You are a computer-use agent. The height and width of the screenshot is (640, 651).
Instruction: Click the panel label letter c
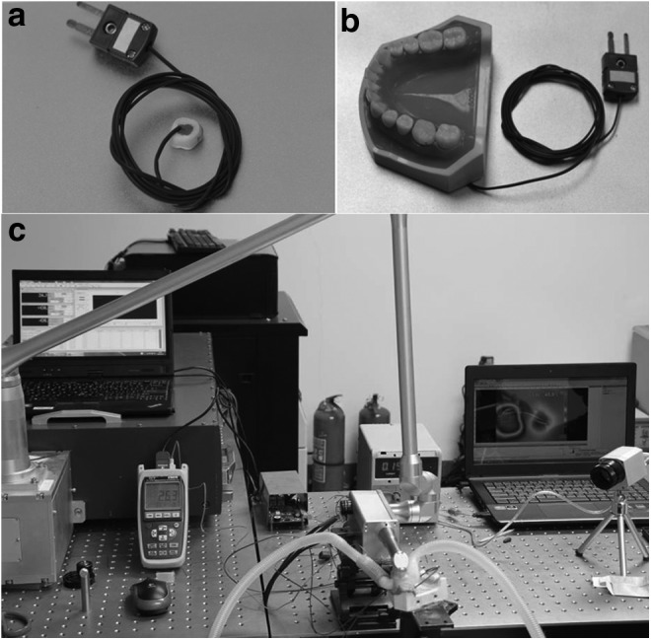point(17,233)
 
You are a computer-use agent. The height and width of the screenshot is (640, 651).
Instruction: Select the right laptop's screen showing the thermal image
point(534,414)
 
